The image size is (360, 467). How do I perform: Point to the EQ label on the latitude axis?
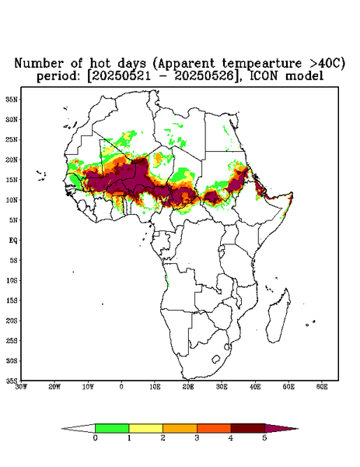[x=13, y=240]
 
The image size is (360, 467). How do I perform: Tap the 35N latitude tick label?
[x=12, y=99]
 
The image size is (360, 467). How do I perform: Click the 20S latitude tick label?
[x=12, y=321]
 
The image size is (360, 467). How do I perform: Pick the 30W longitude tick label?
[x=21, y=387]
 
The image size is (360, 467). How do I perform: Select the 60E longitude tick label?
[x=322, y=387]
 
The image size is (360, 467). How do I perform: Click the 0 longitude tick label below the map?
[x=121, y=387]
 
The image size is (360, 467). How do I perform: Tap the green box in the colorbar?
[x=112, y=428]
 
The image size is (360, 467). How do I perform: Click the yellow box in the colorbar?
[x=145, y=428]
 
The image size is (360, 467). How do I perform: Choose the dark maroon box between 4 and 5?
[x=248, y=428]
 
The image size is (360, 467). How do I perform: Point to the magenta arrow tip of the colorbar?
[x=298, y=429]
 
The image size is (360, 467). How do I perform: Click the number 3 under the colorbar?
[x=197, y=438]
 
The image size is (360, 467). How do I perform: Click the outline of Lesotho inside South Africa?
[x=216, y=359]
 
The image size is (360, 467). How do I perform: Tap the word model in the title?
[x=304, y=76]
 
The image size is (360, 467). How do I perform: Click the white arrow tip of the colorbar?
[x=62, y=429]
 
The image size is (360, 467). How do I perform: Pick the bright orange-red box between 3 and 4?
[x=214, y=428]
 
